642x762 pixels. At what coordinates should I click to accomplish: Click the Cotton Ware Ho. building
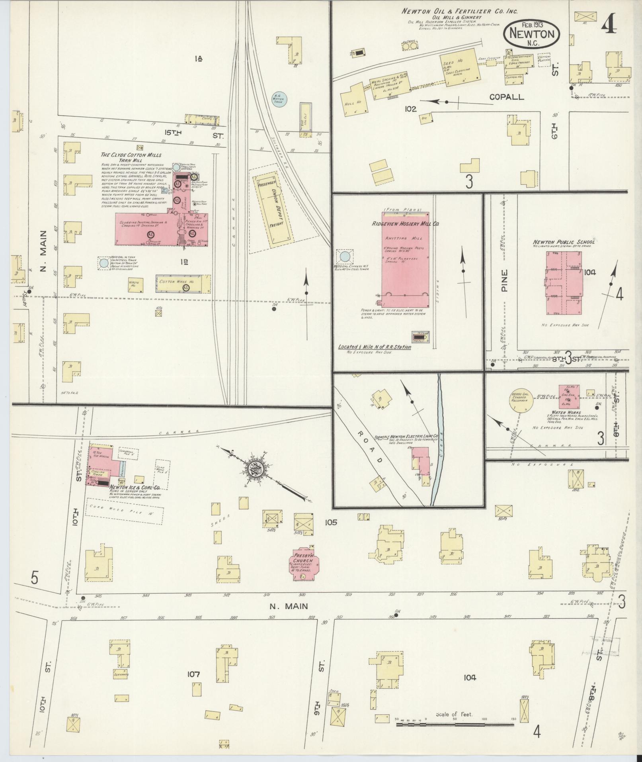point(183,284)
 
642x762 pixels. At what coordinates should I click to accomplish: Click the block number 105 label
point(330,522)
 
